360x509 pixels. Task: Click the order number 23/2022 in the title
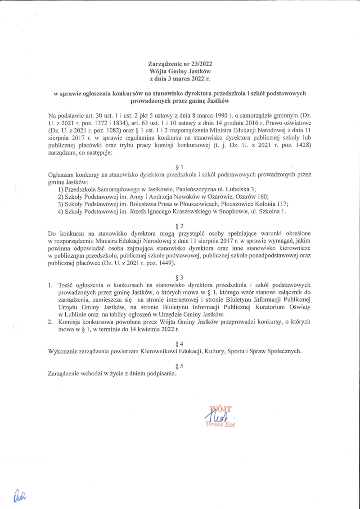tap(200, 64)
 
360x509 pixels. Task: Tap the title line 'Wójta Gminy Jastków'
tap(180, 71)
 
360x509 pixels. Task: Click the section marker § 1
tap(180, 167)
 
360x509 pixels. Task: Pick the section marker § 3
tap(180, 275)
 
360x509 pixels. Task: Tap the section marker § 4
tap(180, 343)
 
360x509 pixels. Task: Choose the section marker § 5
tap(180, 366)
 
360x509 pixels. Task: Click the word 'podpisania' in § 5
tap(160, 373)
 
